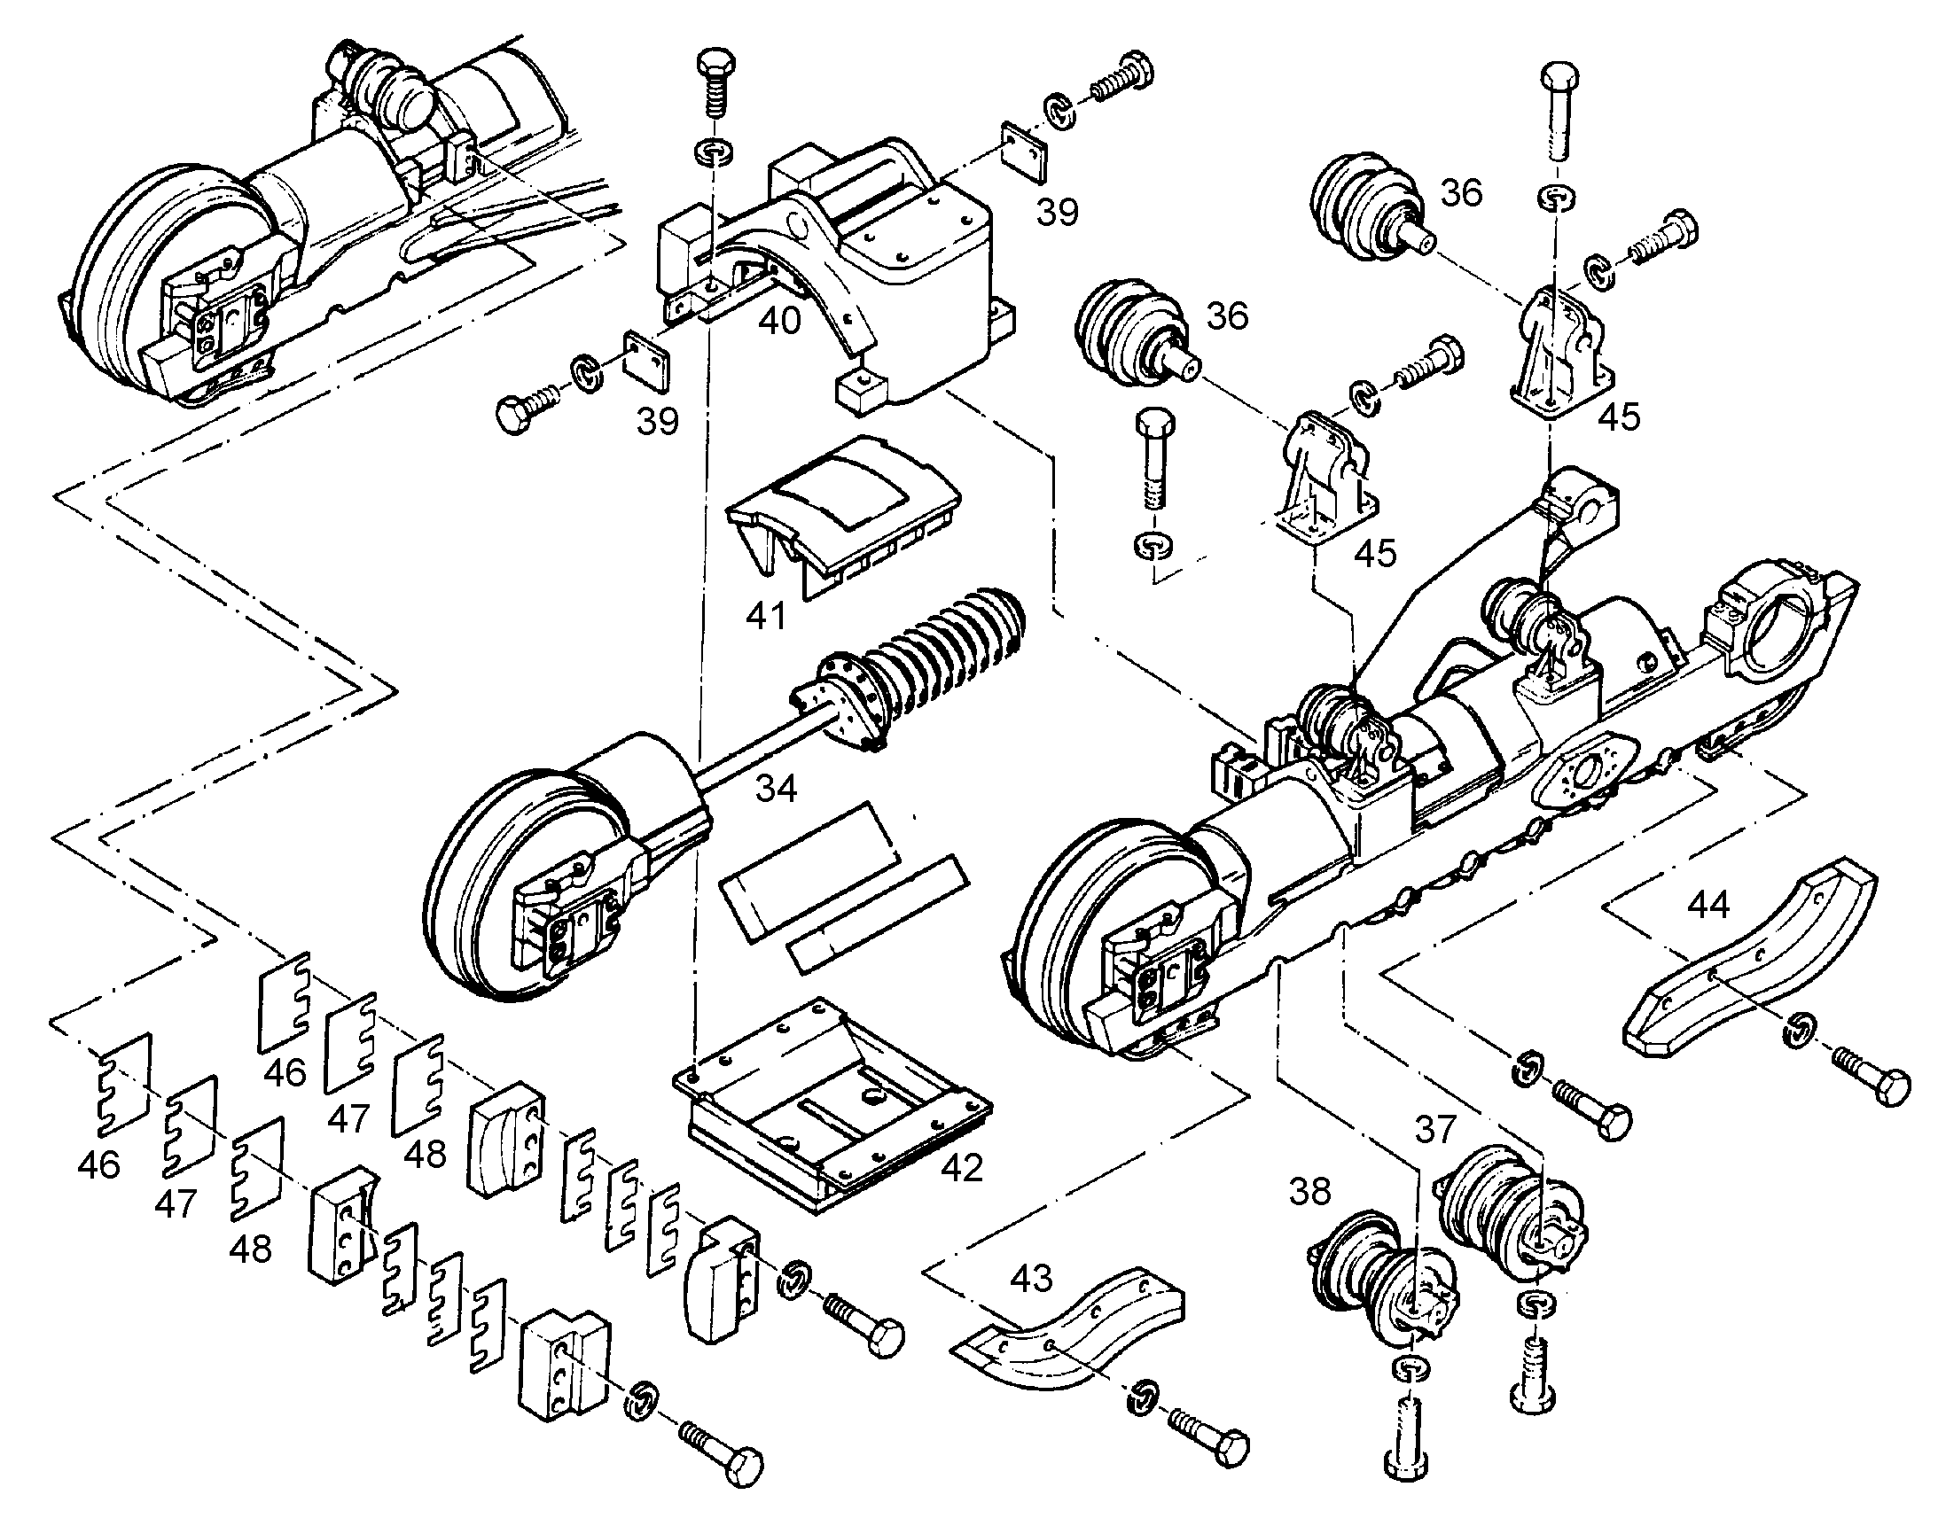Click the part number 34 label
(x=776, y=788)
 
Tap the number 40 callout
(x=778, y=320)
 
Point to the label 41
(x=765, y=615)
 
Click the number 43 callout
(x=1031, y=1278)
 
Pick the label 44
(x=1708, y=905)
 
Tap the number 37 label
(x=1435, y=1130)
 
